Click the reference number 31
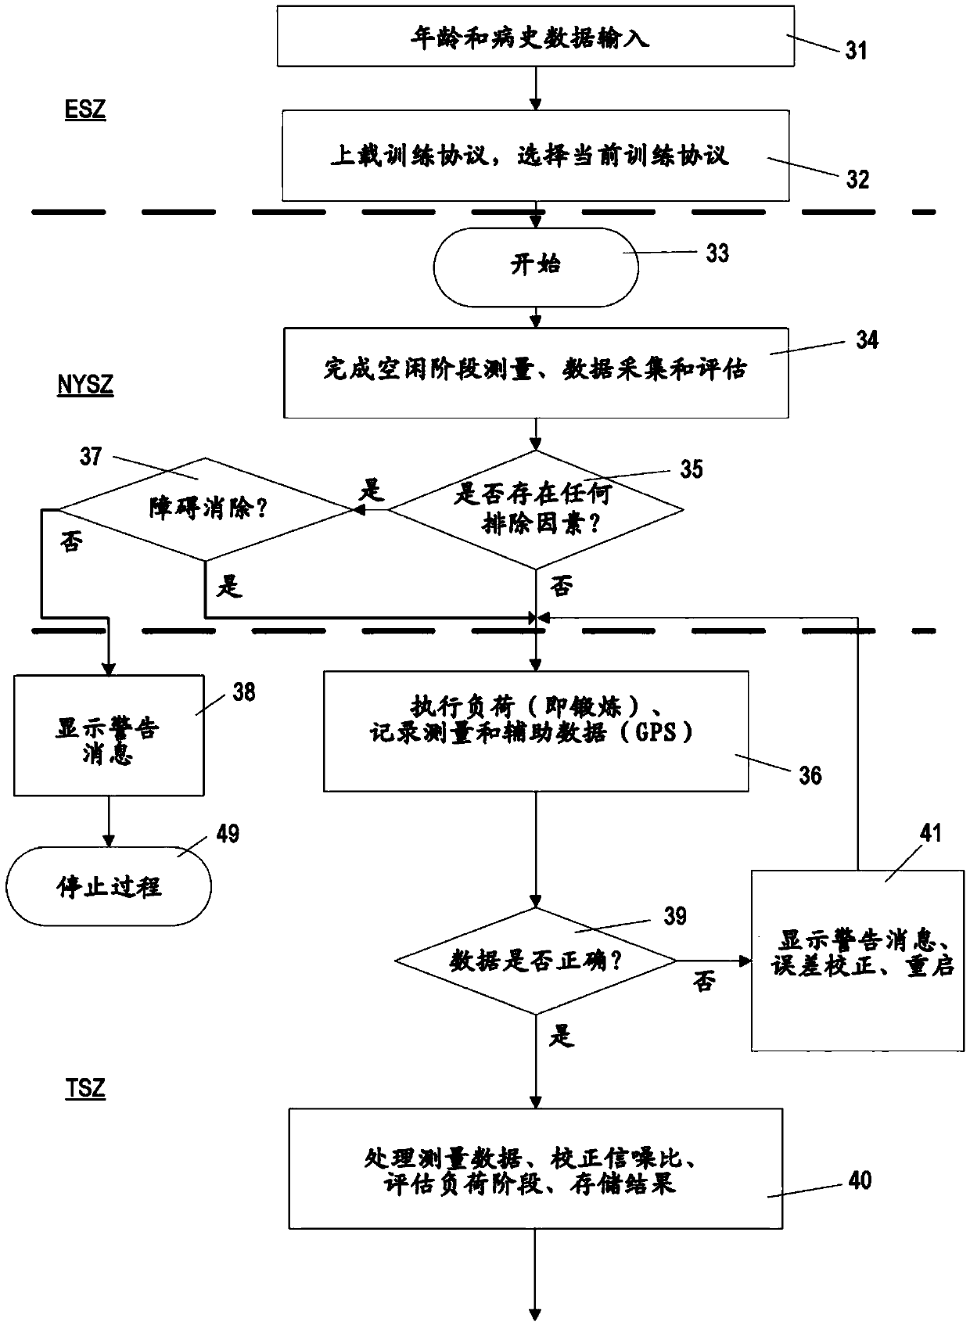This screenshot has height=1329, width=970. click(856, 50)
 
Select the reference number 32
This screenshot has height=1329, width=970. click(857, 179)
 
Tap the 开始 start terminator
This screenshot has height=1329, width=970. click(536, 268)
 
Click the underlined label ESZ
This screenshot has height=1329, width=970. click(85, 110)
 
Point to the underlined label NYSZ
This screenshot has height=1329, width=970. click(85, 384)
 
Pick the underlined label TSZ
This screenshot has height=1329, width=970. click(85, 1089)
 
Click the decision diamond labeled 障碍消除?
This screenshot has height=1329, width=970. click(205, 509)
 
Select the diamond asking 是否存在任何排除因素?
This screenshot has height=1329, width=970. click(536, 509)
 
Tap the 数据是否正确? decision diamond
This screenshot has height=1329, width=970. click(536, 961)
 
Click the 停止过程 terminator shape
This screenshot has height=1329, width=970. click(109, 886)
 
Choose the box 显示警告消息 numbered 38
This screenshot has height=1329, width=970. click(110, 735)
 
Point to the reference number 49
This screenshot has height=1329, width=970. click(228, 834)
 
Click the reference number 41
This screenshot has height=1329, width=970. click(931, 833)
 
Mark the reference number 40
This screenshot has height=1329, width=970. click(860, 1180)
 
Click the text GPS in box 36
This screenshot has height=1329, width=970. click(656, 732)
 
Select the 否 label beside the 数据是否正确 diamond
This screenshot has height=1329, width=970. click(704, 981)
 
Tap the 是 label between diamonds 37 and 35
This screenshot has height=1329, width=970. click(372, 490)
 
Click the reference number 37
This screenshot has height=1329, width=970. click(91, 456)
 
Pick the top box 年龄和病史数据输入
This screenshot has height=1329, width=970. click(536, 36)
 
